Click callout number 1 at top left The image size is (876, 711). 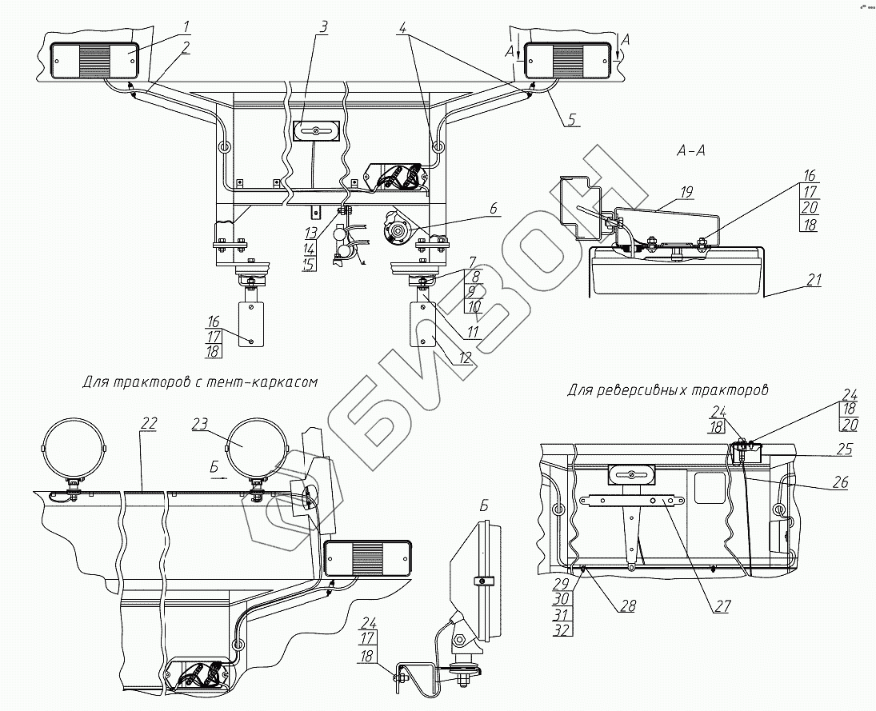(x=186, y=26)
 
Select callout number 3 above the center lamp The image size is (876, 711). (x=324, y=26)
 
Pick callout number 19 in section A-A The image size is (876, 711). (x=686, y=192)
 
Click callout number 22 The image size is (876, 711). (x=150, y=423)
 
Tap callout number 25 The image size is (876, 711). (x=845, y=448)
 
